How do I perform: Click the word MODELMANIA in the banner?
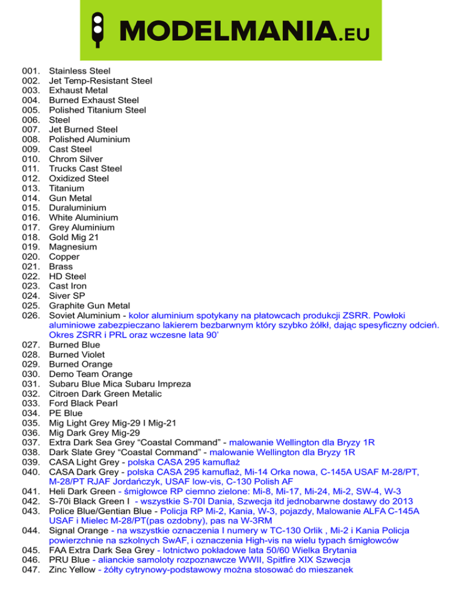point(223,29)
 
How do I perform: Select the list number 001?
point(29,71)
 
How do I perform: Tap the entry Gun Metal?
point(70,198)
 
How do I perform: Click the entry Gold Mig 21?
point(74,237)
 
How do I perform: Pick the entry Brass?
point(61,266)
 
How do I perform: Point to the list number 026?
point(29,315)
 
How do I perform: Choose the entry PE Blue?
point(66,413)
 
